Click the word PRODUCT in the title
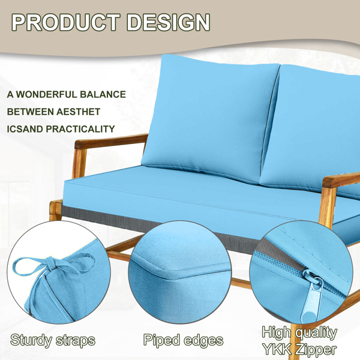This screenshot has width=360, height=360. point(66,22)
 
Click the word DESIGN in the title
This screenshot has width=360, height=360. point(168,22)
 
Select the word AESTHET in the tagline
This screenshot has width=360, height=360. point(78,112)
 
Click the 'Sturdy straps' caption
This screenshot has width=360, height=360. point(53,340)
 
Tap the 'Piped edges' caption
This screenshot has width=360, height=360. point(183,340)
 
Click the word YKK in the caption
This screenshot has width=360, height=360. point(276,349)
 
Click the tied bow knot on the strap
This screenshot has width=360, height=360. point(51,263)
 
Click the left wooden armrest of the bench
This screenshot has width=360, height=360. point(110,141)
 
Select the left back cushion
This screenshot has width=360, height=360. point(209,117)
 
